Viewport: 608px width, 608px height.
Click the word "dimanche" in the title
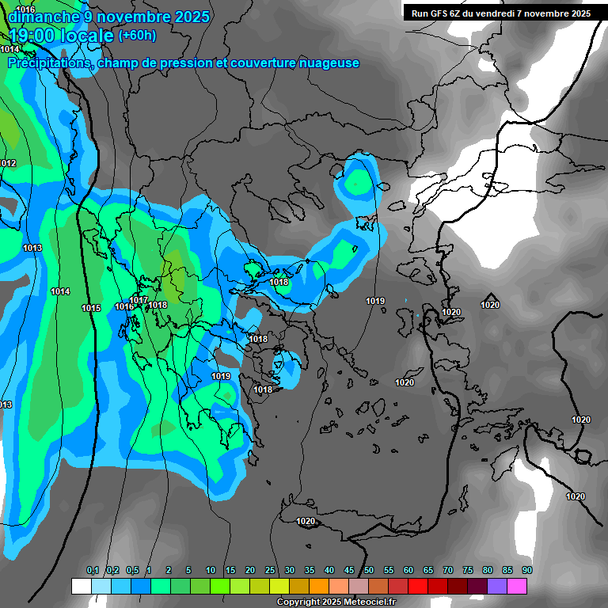[x=44, y=17]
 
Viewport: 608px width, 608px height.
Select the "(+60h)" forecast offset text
[x=137, y=36]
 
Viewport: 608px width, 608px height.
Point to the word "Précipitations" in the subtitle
[x=48, y=63]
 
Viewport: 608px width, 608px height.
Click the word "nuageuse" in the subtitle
[x=328, y=63]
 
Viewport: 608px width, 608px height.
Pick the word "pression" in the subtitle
[x=183, y=63]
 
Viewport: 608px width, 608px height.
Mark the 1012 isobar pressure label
[x=8, y=163]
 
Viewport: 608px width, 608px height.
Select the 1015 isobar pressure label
[x=91, y=308]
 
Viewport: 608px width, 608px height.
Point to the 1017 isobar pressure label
[x=139, y=300]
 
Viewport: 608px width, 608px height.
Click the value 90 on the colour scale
[x=526, y=570]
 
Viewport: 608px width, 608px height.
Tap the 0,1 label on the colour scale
[x=93, y=570]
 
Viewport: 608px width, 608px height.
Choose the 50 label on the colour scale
[x=369, y=570]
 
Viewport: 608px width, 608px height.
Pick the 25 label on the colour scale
[x=270, y=570]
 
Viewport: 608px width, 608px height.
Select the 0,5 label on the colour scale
[x=132, y=570]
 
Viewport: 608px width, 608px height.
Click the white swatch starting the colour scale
[x=81, y=586]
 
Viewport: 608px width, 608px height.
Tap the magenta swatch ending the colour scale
[x=517, y=586]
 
